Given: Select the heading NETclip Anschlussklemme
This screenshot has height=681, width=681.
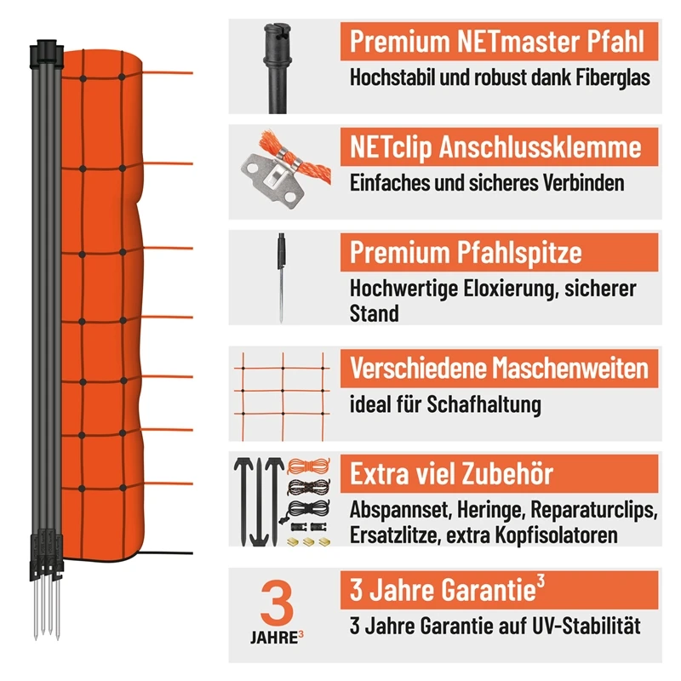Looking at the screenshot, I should tap(495, 147).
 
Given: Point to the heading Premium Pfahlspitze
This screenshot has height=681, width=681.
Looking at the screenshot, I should tap(466, 253).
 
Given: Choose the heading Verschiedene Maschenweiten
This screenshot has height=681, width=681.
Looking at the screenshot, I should tap(499, 368).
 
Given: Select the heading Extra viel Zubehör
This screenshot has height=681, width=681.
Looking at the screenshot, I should tap(451, 474).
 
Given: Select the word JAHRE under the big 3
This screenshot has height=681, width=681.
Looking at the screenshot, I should tap(271, 636).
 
